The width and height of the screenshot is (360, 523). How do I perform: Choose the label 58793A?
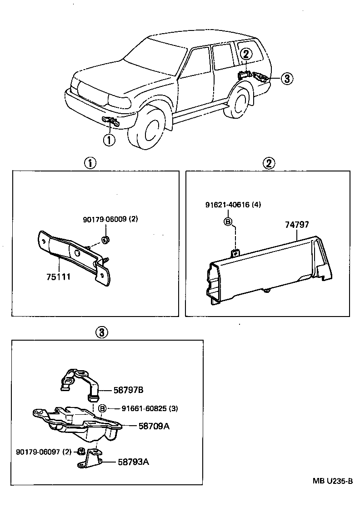(x=133, y=463)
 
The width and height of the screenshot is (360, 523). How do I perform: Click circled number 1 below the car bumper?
(x=109, y=140)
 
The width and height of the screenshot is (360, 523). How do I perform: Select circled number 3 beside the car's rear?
(x=286, y=79)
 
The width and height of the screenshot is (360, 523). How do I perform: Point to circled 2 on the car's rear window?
(x=245, y=54)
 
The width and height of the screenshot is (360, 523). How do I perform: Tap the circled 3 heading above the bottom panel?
(x=102, y=332)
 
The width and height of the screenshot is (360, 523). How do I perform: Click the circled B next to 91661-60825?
(x=103, y=408)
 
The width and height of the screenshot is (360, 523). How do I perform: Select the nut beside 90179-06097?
(x=80, y=452)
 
